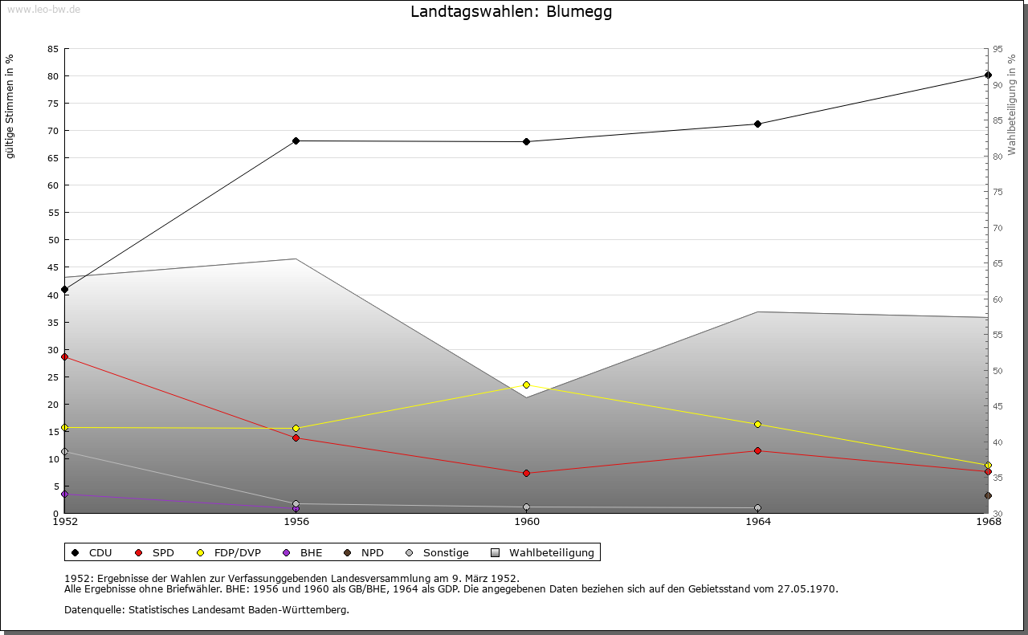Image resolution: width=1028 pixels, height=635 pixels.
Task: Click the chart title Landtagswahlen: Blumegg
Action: pos(511,12)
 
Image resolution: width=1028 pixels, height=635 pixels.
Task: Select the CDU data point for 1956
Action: pos(296,141)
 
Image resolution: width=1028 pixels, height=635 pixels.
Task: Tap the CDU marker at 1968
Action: pos(988,75)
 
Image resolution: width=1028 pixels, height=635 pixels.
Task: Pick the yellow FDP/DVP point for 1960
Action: pos(527,385)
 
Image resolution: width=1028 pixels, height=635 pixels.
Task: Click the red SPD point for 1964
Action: pos(757,451)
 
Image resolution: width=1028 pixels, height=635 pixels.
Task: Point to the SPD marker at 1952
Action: pos(65,356)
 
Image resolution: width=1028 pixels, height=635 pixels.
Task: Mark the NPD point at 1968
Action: pos(988,496)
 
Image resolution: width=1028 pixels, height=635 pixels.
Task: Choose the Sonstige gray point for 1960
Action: pos(527,507)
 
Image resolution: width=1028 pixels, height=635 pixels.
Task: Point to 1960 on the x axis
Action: pos(527,522)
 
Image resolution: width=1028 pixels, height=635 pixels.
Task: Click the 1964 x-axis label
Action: pos(757,522)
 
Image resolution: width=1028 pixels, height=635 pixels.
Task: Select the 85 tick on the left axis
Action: pos(52,49)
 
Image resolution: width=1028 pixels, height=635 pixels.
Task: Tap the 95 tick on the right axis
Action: pos(997,49)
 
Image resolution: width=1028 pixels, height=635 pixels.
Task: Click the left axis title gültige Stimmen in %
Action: pos(10,107)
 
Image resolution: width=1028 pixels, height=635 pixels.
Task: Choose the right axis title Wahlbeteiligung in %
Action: pos(1012,105)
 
